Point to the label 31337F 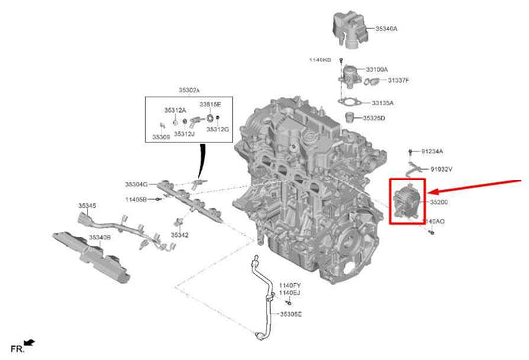pos(398,80)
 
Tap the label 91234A pos(433,151)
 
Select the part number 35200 pos(440,202)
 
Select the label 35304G pos(136,184)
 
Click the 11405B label pos(136,199)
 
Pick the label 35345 pos(88,206)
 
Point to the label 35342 pos(179,235)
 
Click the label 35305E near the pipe pos(292,314)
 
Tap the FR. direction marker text pos(17,348)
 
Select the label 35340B pos(99,238)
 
